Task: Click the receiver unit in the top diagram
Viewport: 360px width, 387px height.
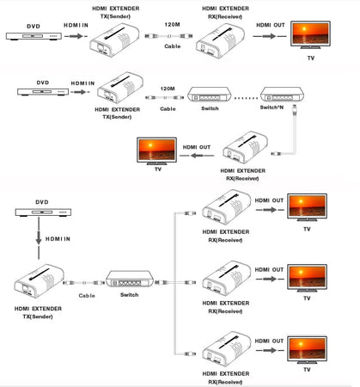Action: tap(221, 40)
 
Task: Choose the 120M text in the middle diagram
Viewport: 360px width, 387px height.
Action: tap(168, 89)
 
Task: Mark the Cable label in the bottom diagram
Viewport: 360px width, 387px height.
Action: tap(88, 294)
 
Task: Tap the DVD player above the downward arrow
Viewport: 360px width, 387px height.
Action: tap(39, 213)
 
